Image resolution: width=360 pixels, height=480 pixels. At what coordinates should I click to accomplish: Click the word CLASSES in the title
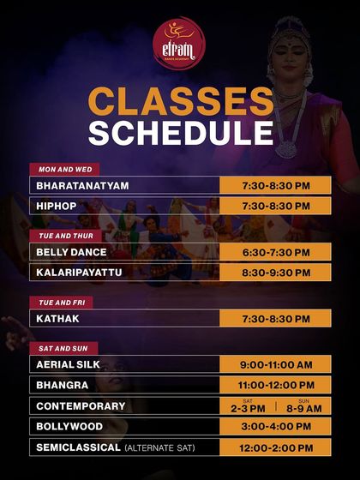point(179,100)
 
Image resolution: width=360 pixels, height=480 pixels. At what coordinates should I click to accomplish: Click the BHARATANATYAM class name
point(81,185)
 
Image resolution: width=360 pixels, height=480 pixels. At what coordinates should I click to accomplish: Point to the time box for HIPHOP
point(275,207)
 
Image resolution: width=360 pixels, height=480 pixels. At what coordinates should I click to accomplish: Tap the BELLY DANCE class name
point(71,252)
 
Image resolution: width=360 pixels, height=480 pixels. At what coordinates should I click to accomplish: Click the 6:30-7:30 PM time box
point(275,252)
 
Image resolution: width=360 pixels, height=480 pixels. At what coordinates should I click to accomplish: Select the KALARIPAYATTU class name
point(80,273)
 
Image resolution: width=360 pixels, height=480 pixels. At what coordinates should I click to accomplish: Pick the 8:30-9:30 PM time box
point(275,273)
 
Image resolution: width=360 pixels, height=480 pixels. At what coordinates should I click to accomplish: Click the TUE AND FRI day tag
point(61,303)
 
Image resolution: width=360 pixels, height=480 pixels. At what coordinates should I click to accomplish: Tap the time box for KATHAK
point(275,319)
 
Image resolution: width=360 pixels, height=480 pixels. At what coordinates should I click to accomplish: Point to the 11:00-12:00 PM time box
point(275,386)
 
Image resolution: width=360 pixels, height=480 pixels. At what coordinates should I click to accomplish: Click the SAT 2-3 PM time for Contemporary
point(248,406)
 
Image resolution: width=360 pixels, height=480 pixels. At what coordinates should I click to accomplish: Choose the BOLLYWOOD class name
point(69,427)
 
